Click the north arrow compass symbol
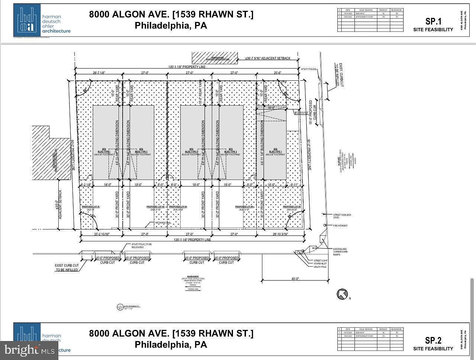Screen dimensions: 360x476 click(342, 294)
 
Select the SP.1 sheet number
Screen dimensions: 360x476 click(433, 22)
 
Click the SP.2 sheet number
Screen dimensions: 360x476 click(433, 340)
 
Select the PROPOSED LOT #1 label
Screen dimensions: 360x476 click(91, 206)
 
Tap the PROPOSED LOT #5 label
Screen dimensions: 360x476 click(292, 206)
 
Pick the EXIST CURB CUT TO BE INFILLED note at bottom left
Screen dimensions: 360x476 click(67, 267)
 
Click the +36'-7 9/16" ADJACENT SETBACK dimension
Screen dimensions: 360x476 click(268, 58)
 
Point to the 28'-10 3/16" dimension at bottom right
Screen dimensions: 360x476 click(281, 234)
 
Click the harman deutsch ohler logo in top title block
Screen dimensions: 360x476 click(42, 21)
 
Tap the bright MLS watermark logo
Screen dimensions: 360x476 click(29, 350)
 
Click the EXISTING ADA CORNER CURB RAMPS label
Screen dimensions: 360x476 click(340, 252)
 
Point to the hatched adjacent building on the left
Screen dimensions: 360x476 click(50, 153)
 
